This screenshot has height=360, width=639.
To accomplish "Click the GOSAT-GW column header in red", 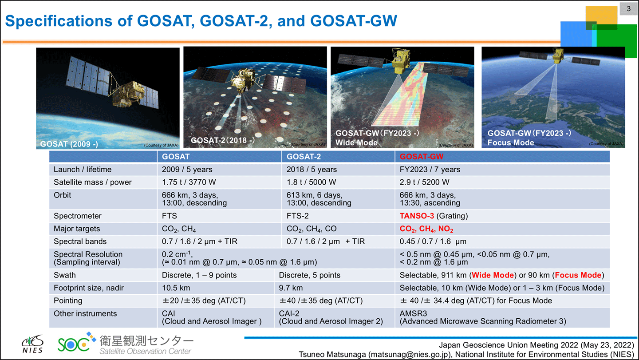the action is tap(422, 157).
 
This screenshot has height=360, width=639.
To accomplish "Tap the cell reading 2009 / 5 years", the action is tap(187, 170).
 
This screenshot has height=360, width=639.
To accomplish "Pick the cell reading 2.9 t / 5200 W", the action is tap(425, 182).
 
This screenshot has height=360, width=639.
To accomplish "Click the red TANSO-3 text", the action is tap(417, 216).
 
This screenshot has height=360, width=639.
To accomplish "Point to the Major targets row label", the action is tap(77, 229).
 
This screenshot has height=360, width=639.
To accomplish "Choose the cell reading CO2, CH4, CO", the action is tap(312, 229).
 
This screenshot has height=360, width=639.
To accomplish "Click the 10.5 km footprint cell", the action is tap(176, 288).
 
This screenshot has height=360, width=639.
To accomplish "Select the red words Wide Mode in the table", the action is tap(493, 275).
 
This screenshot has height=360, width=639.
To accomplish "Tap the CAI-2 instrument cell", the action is tap(289, 313).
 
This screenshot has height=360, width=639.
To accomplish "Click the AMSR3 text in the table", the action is tap(414, 313).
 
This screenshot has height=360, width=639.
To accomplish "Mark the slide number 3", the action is tap(629, 9).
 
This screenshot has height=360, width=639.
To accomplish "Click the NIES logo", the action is tap(33, 344).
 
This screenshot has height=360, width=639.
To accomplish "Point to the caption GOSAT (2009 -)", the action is tap(69, 144).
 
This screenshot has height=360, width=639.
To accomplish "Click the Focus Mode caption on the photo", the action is tap(511, 142).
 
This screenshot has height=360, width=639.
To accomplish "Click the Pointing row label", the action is tap(68, 301).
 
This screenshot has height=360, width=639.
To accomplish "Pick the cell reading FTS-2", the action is tap(297, 216).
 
